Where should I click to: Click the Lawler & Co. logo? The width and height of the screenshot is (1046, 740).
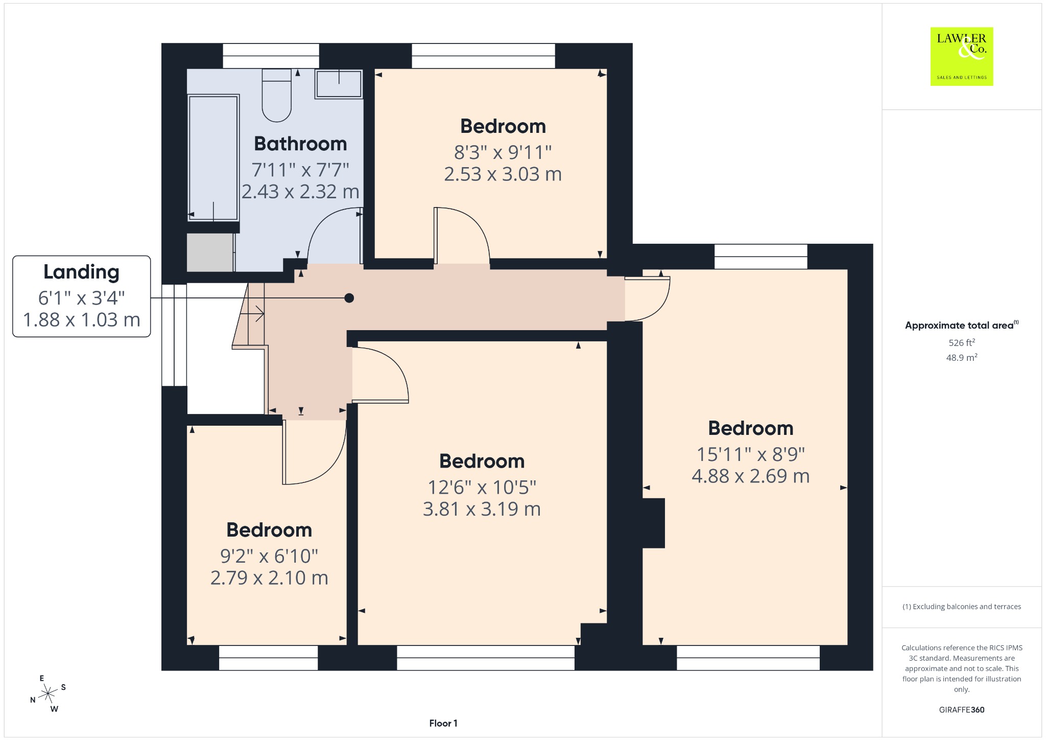coord(962,56)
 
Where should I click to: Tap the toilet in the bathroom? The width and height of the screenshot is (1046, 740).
coord(277,96)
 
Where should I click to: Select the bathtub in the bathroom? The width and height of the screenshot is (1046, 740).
coord(213,158)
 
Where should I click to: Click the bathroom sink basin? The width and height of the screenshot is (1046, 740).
coord(339,84)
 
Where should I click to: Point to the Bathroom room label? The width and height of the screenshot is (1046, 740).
coord(300,144)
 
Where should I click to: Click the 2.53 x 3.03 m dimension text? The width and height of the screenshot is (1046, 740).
coord(503,174)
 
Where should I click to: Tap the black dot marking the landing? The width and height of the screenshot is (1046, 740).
coord(349,298)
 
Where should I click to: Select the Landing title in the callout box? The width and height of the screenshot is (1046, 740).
coord(81,272)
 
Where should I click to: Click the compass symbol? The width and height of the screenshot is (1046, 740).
coord(48,693)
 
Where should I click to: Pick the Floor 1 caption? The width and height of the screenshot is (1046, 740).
coord(443,723)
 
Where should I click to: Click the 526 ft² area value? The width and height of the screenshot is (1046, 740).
coord(962,342)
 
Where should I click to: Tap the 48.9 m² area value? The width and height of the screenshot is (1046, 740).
coord(962,357)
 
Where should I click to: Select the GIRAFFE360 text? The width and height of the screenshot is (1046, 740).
coord(962,710)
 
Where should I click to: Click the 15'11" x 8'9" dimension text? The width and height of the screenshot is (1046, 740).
coord(751,454)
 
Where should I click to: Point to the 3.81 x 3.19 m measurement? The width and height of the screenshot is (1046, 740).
coord(482,509)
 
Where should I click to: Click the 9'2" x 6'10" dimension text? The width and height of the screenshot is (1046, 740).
coord(269,556)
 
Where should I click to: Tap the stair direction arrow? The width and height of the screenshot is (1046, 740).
coord(252,313)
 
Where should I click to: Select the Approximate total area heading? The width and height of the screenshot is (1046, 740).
coord(961,325)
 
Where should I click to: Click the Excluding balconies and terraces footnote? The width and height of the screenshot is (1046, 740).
coord(962,607)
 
